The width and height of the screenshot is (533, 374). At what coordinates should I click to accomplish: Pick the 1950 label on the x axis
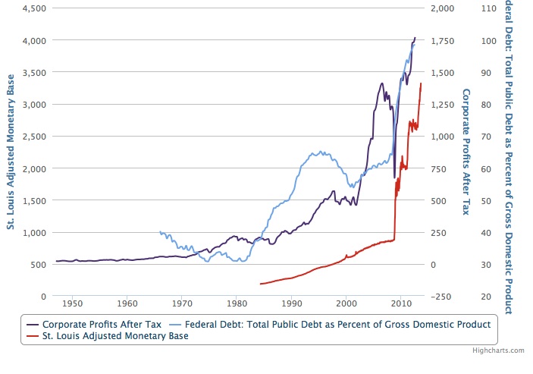72,304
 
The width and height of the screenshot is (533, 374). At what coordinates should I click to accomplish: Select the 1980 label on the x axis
237,304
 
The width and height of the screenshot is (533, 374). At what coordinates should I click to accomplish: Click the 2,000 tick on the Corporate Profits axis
443,8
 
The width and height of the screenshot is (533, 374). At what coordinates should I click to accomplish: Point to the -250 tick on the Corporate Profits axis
441,297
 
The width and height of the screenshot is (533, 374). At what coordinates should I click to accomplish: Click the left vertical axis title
11,152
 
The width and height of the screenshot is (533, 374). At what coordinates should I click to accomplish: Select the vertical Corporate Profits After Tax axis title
466,152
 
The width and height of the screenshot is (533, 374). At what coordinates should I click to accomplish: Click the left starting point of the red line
260,284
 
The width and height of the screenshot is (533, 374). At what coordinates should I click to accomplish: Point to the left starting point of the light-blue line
159,232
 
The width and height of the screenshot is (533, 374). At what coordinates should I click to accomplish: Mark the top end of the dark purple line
415,37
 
